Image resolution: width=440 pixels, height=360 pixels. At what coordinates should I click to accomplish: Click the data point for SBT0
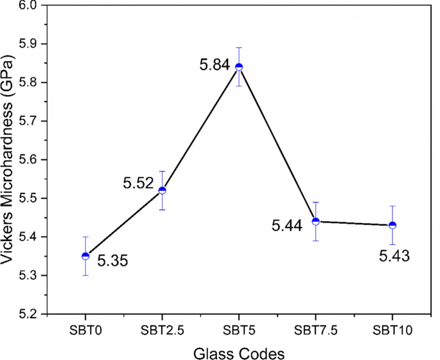click(x=85, y=256)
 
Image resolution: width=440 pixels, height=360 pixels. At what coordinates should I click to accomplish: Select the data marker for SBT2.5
click(x=162, y=190)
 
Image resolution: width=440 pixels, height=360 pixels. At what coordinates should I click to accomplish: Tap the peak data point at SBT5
click(x=239, y=67)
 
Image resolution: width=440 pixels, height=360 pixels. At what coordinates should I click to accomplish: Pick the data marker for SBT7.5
click(x=315, y=221)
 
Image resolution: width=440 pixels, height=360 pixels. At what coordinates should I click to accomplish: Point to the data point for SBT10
click(x=392, y=225)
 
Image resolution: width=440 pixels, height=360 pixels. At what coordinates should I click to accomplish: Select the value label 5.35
click(x=112, y=262)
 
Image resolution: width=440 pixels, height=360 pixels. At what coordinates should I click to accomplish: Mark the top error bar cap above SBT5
click(x=239, y=48)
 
